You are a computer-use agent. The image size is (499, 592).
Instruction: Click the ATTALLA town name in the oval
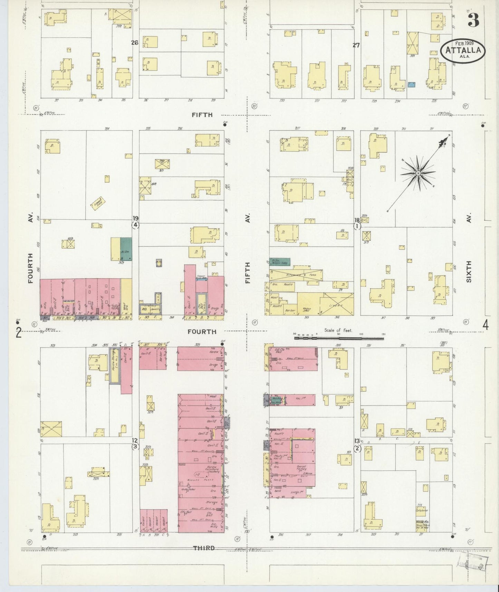click(463, 50)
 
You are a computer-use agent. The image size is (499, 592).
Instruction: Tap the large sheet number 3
click(473, 21)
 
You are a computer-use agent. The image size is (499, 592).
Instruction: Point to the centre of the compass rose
click(418, 173)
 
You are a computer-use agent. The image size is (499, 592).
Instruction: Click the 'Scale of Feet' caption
click(338, 331)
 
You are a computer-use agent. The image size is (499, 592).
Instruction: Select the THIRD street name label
click(203, 548)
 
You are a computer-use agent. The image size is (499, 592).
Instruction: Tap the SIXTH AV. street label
click(469, 271)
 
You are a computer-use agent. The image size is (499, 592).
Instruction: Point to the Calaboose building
click(422, 510)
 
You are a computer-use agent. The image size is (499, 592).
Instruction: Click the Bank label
click(277, 490)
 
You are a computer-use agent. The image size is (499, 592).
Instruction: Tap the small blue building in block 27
click(411, 84)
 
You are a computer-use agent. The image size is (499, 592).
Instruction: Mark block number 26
click(134, 43)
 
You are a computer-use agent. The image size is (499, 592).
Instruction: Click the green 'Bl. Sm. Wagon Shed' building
click(280, 261)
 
